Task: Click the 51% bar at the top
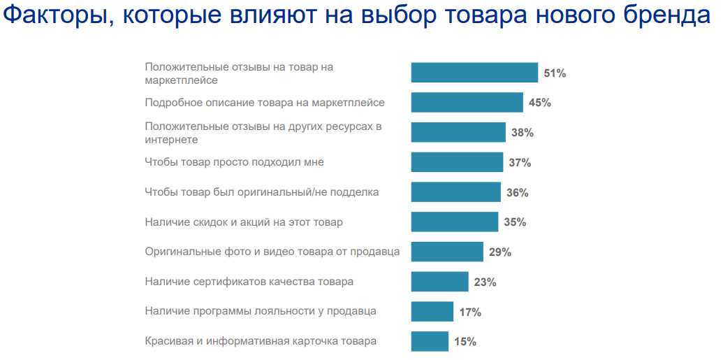(x=474, y=73)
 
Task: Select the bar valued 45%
(x=467, y=103)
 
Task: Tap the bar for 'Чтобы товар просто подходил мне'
(x=457, y=162)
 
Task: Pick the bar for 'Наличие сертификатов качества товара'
(x=439, y=282)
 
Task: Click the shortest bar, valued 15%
(x=430, y=341)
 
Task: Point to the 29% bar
(x=447, y=252)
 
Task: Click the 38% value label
(x=522, y=133)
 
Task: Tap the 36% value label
(x=517, y=192)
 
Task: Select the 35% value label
(x=515, y=222)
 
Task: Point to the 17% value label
(x=470, y=312)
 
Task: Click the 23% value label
(x=485, y=282)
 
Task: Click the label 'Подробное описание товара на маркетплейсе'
(x=265, y=103)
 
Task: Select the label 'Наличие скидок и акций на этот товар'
(x=244, y=222)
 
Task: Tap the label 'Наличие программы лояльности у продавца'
(x=261, y=311)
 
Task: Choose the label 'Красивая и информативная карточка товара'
(x=261, y=341)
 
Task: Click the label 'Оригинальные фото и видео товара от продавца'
(x=272, y=252)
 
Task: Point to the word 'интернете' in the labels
(x=171, y=139)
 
